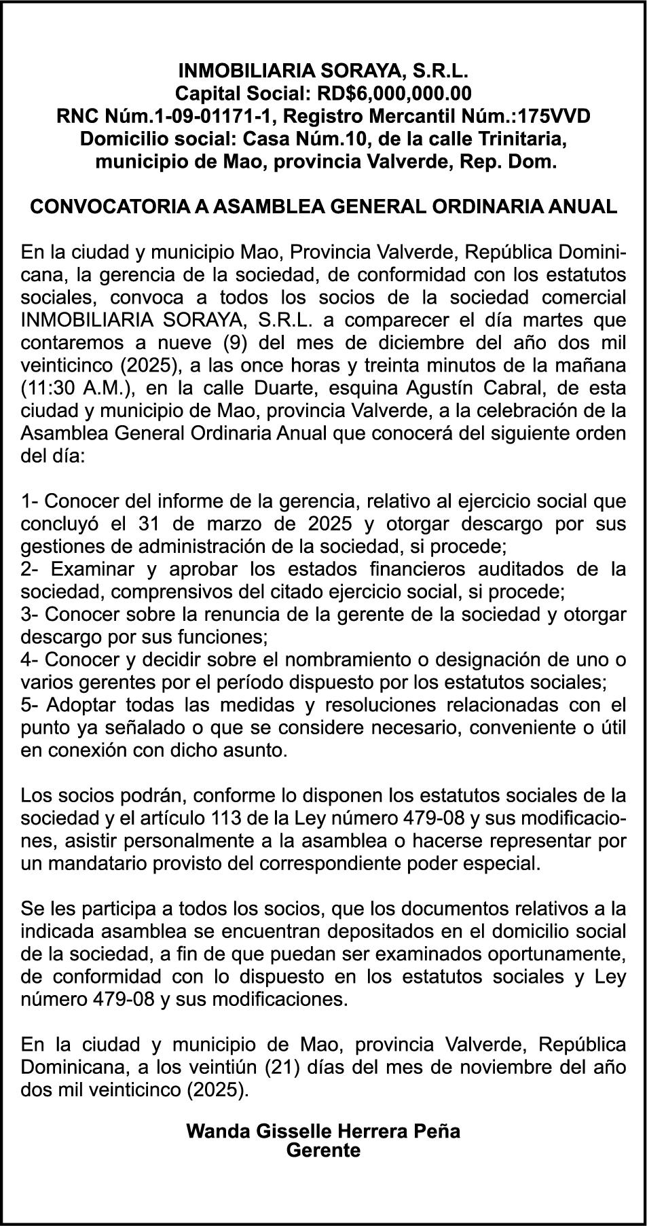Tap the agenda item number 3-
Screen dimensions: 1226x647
31,615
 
